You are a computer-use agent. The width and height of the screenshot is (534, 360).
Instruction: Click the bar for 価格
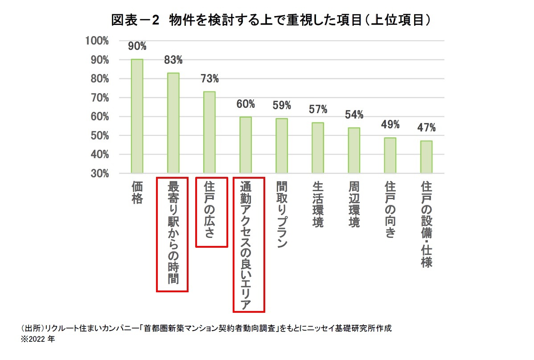click(137, 116)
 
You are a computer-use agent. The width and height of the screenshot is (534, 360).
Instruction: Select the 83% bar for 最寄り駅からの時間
click(173, 123)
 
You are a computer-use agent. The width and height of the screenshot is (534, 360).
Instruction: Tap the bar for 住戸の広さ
click(209, 132)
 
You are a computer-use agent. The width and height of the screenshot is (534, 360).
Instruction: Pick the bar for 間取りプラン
click(282, 145)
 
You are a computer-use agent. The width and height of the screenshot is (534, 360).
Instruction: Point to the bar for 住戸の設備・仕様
click(427, 156)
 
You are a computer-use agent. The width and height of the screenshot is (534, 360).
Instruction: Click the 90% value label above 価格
click(137, 46)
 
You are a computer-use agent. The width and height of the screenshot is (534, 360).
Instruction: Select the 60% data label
click(246, 104)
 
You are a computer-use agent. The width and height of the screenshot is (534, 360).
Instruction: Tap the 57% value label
click(318, 109)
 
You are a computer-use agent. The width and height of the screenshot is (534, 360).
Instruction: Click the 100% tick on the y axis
click(97, 41)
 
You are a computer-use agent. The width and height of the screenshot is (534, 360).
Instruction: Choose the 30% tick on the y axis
click(99, 173)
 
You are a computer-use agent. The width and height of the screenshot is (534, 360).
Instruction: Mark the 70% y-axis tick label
click(99, 98)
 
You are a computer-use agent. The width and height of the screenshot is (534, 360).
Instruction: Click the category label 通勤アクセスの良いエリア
click(246, 245)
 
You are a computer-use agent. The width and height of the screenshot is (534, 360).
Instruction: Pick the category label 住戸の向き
click(390, 209)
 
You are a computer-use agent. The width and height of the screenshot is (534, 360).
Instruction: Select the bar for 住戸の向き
click(390, 155)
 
